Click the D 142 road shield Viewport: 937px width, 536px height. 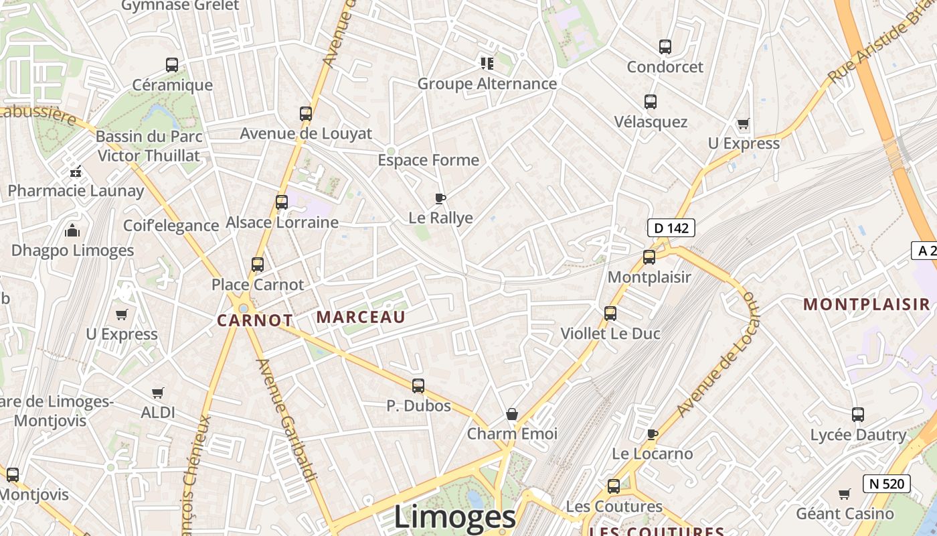(671, 228)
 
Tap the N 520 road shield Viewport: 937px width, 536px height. (887, 483)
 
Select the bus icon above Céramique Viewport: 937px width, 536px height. (172, 65)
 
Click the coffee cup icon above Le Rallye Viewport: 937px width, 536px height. (440, 198)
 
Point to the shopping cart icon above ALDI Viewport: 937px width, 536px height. (157, 393)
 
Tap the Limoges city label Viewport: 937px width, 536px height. (454, 517)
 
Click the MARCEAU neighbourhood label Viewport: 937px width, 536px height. (361, 317)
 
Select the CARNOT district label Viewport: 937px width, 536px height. (255, 320)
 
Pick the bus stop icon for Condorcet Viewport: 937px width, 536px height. (665, 47)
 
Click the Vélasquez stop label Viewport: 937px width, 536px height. (651, 122)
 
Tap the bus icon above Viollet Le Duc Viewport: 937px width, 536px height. (610, 313)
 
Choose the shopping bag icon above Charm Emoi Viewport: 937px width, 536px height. (512, 414)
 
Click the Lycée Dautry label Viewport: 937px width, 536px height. (858, 435)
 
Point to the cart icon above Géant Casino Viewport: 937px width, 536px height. (845, 494)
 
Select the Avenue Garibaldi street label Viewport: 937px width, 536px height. (286, 420)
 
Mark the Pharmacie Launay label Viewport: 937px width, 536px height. (76, 191)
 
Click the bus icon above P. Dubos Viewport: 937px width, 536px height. (418, 386)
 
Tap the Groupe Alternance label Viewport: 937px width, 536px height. (487, 84)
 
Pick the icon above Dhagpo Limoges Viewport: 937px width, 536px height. (72, 231)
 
